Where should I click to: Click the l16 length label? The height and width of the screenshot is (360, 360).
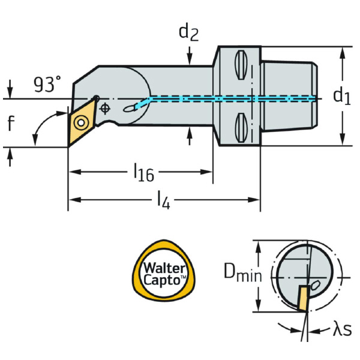pyautogui.click(x=144, y=173)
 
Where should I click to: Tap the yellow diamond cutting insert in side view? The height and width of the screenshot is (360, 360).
pyautogui.click(x=79, y=123)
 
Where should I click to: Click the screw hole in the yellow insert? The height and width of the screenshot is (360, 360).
pyautogui.click(x=79, y=124)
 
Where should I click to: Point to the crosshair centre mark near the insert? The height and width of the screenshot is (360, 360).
pyautogui.click(x=106, y=109)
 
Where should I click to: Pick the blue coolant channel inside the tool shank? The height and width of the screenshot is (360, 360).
pyautogui.click(x=228, y=98)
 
